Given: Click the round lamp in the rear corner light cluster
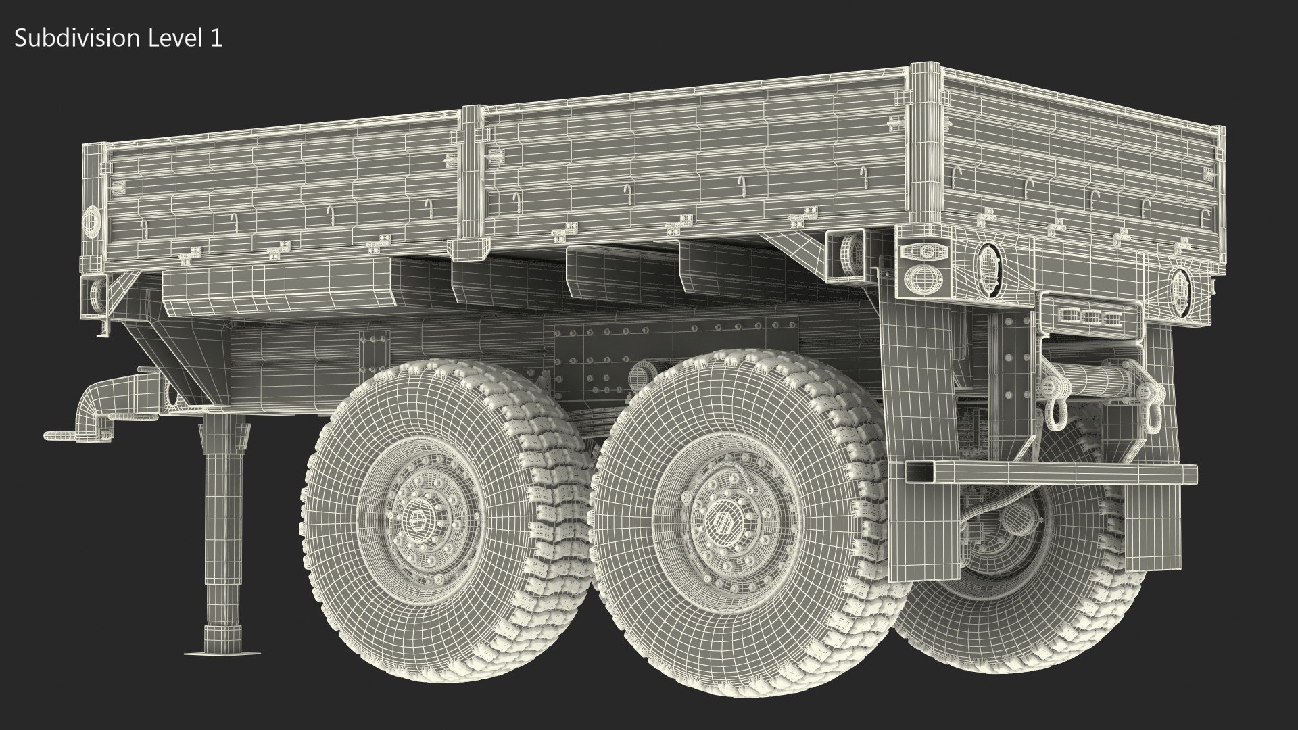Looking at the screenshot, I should point(922,278).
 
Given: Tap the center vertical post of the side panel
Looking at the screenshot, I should point(471,182).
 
